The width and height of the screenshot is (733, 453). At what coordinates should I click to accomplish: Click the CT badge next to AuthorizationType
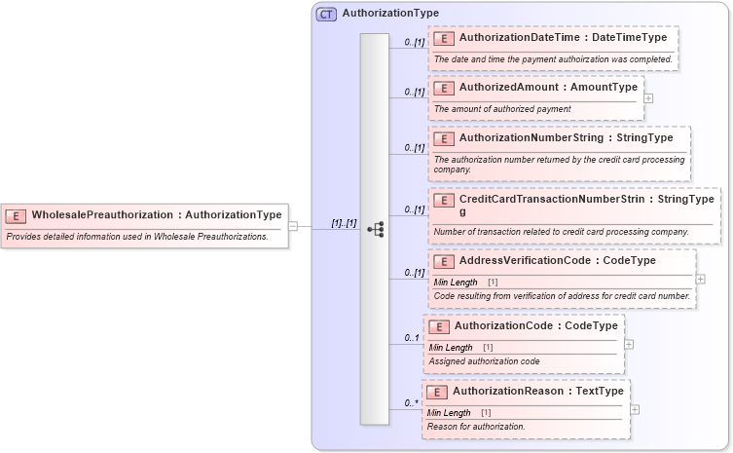click(326, 14)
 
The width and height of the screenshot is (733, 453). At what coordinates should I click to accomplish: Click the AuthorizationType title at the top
click(390, 14)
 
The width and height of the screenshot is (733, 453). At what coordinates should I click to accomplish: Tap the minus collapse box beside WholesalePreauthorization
click(293, 226)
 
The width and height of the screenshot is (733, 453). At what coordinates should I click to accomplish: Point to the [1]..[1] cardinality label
click(344, 223)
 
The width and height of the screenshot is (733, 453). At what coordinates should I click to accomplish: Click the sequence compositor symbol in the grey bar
click(375, 229)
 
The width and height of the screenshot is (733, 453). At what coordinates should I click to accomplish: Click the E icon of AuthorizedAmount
click(444, 88)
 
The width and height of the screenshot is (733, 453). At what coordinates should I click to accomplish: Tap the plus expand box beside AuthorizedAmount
click(648, 97)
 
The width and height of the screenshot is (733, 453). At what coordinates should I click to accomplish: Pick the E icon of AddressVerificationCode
click(444, 261)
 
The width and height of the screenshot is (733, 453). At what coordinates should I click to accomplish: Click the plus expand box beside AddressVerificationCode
click(701, 280)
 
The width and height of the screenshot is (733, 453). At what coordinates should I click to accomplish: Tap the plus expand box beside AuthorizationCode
click(629, 344)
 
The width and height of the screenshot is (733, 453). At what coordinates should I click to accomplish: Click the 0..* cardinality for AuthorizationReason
click(413, 402)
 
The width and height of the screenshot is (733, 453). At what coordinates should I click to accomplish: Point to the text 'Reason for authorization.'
click(476, 427)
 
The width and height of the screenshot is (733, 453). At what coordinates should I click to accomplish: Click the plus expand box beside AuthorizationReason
click(635, 409)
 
